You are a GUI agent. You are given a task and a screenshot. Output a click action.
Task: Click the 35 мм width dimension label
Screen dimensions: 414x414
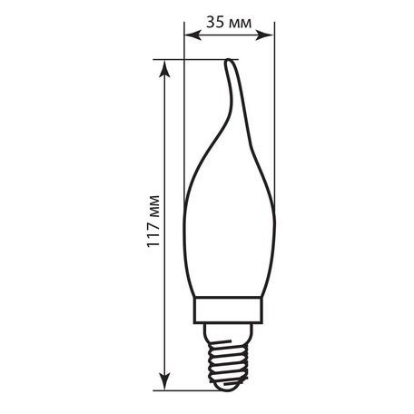click(229, 22)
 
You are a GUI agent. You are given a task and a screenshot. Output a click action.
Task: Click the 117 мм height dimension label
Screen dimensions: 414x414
click(153, 220)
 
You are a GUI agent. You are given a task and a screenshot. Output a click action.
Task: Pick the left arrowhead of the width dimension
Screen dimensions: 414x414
click(188, 35)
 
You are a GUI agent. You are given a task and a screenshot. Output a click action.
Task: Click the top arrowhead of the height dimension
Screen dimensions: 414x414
click(167, 65)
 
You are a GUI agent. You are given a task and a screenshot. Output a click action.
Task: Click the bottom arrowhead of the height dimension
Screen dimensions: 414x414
click(167, 381)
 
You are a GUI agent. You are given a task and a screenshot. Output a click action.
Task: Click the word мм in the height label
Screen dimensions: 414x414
click(153, 202)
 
